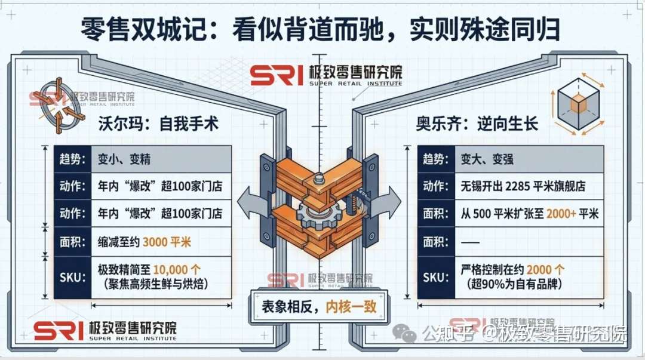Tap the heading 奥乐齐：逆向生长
pyautogui.click(x=477, y=124)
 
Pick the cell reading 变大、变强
pyautogui.click(x=487, y=161)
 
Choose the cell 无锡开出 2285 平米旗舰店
pyautogui.click(x=514, y=187)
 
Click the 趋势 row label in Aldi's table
pyautogui.click(x=435, y=161)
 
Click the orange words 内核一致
pyautogui.click(x=351, y=307)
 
